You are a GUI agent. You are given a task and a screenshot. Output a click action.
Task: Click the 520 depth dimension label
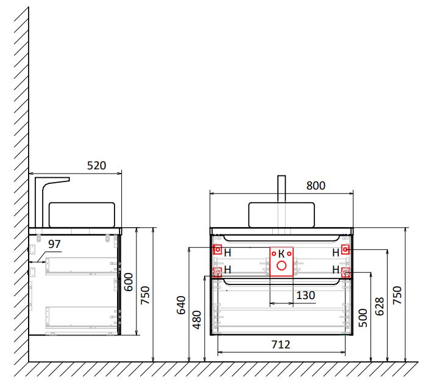point(96,166)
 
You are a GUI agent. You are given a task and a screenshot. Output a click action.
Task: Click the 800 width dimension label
point(316,186)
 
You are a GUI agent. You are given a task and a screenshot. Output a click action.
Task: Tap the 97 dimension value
point(54,244)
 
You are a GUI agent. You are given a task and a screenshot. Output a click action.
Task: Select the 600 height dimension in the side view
point(129,282)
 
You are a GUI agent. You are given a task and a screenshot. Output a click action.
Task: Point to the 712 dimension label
point(281,345)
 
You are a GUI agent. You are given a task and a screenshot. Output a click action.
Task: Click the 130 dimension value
point(306,295)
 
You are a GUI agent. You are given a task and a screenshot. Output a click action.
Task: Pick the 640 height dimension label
point(181,305)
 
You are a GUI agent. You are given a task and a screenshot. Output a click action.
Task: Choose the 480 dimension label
point(197,320)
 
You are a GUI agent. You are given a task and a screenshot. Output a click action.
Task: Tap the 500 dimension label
point(363,318)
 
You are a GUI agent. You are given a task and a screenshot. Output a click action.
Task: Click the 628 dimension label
point(380,306)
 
